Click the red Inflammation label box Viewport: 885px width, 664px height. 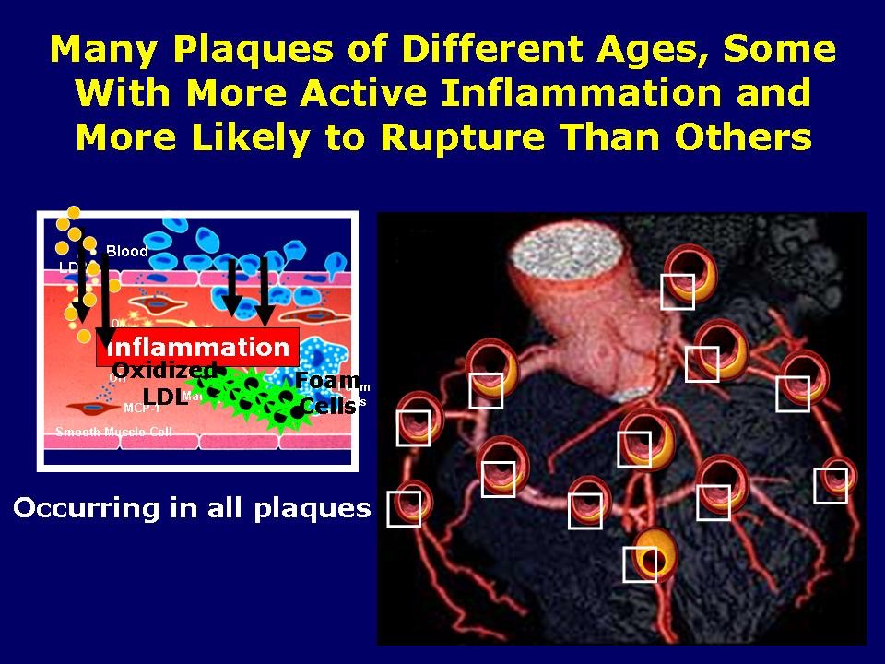click(x=198, y=347)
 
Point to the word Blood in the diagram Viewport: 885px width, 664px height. click(x=127, y=251)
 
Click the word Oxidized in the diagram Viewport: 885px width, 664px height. click(x=164, y=370)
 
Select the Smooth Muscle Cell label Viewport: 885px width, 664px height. click(x=113, y=432)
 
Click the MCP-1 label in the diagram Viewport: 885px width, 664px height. click(x=141, y=408)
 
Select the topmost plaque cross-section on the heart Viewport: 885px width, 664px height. click(x=691, y=273)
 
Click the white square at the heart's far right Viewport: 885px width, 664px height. click(x=831, y=485)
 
